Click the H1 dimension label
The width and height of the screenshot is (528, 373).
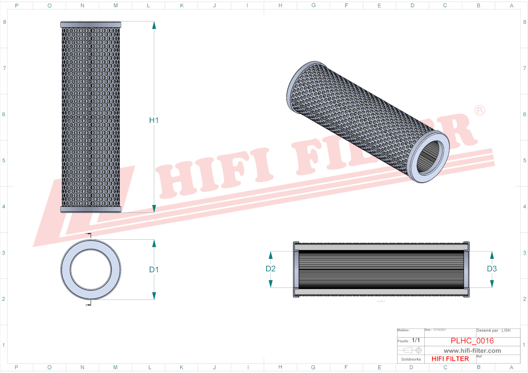point(154,120)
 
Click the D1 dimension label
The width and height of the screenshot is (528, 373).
point(154,269)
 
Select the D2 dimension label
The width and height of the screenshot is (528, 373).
point(270,269)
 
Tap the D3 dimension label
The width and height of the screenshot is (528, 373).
point(492,269)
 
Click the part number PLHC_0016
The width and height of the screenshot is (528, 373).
point(472,341)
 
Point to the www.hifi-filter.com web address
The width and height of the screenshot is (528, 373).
point(472,351)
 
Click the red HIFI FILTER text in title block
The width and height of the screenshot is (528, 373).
point(450,359)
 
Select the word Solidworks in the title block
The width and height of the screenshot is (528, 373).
point(411,359)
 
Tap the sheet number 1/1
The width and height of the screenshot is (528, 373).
point(416,340)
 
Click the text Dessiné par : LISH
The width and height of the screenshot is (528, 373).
point(493,330)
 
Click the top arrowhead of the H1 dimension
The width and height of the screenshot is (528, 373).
point(154,25)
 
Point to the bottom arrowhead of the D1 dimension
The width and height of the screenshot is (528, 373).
point(154,296)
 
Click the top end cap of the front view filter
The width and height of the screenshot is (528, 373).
point(91,24)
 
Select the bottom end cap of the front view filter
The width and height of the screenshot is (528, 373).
point(91,209)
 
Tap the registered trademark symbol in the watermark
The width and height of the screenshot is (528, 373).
point(479,110)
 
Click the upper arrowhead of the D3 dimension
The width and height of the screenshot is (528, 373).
point(492,255)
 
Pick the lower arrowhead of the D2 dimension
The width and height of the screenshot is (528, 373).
point(270,283)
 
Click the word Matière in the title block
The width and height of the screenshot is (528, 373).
point(403,330)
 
